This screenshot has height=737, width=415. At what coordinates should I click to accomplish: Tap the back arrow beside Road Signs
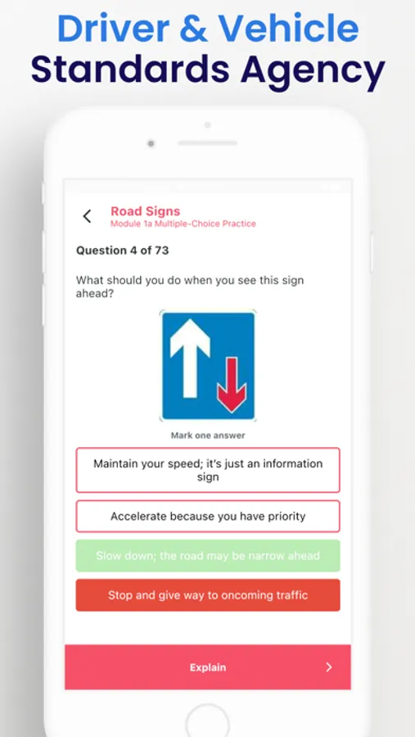(87, 216)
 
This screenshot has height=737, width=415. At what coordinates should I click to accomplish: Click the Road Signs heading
(145, 211)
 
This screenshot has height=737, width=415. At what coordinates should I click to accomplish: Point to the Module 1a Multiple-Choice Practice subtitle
(183, 224)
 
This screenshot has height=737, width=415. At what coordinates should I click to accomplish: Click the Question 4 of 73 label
(122, 251)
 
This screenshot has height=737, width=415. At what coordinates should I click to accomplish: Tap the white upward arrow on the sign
(190, 358)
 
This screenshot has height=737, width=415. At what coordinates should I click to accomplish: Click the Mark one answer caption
(208, 436)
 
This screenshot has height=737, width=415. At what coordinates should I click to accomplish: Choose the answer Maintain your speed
(208, 470)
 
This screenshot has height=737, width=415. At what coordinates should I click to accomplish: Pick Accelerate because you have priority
(208, 516)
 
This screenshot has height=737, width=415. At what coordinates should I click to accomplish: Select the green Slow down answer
(208, 555)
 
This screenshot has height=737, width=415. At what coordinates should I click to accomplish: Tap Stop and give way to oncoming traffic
(208, 595)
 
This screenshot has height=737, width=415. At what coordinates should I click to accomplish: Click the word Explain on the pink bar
(208, 667)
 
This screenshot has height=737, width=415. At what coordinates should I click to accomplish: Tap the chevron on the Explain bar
(329, 667)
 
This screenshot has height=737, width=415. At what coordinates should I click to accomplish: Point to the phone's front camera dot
(151, 143)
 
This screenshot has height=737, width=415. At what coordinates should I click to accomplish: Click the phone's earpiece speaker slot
(207, 142)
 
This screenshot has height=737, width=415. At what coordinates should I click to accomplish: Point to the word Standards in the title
(130, 70)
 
